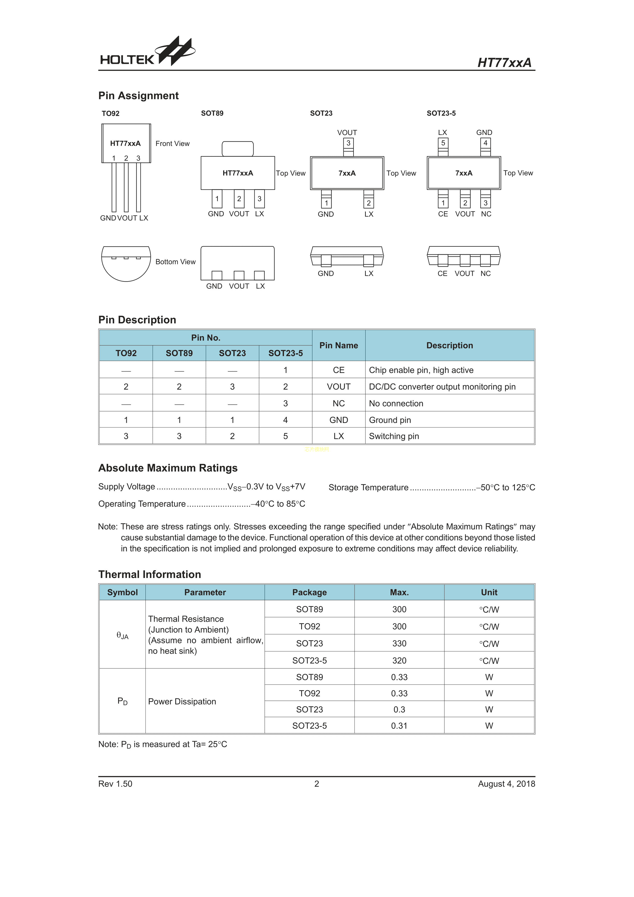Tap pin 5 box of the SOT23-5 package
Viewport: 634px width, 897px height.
pyautogui.click(x=443, y=143)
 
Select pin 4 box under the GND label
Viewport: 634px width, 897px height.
pyautogui.click(x=485, y=143)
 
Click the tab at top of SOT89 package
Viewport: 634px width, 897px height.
pyautogui.click(x=237, y=149)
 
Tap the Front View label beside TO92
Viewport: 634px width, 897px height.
pyautogui.click(x=172, y=143)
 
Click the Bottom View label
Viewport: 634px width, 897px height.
pyautogui.click(x=175, y=262)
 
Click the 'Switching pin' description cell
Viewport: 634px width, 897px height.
pyautogui.click(x=394, y=436)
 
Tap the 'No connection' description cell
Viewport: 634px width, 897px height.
pyautogui.click(x=396, y=403)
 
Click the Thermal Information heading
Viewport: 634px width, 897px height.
pyautogui.click(x=150, y=574)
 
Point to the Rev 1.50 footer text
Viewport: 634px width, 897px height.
pyautogui.click(x=115, y=784)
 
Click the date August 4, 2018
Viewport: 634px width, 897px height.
pyautogui.click(x=506, y=784)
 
